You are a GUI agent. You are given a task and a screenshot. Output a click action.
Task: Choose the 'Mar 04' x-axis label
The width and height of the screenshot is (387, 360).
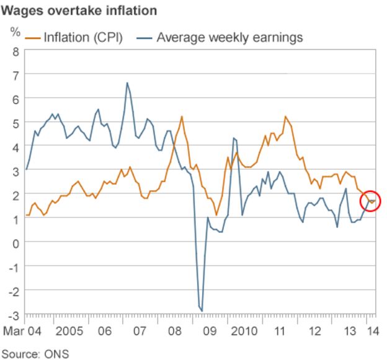pos(22,331)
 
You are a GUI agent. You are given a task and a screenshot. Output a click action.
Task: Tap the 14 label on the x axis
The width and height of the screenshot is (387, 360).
pos(370,331)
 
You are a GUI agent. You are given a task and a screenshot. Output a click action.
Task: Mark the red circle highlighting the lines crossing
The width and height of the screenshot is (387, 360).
pos(370,201)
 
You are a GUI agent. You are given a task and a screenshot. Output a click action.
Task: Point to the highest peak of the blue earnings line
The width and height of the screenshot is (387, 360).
pos(127,82)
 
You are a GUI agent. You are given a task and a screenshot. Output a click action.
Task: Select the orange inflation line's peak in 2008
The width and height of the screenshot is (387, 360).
pos(182,116)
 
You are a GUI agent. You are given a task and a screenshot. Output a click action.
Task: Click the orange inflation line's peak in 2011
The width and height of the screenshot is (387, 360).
pos(285,116)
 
